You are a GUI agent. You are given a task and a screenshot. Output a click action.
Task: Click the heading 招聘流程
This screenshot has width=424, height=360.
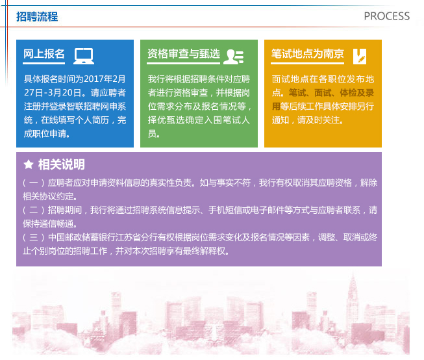tap(37, 16)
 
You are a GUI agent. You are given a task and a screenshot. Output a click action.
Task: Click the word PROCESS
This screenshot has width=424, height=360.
tap(387, 16)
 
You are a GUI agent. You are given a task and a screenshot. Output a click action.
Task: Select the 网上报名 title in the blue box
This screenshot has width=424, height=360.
tap(44, 53)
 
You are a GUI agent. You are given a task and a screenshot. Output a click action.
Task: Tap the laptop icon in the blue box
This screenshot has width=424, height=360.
tap(84, 56)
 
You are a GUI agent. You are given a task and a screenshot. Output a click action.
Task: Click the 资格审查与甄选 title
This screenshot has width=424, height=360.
tap(184, 53)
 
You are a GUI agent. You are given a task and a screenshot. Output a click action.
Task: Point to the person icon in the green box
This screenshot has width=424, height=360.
tap(234, 57)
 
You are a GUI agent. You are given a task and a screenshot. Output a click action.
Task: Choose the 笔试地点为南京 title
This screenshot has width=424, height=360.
tap(308, 53)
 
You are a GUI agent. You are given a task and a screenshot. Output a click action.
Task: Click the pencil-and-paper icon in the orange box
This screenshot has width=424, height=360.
tap(360, 57)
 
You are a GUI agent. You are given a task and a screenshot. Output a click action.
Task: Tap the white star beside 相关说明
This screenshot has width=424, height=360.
tap(29, 164)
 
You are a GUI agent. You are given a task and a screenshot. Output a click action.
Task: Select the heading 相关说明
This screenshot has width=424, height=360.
tap(62, 164)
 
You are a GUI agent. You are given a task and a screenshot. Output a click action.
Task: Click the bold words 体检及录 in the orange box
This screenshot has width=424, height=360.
tap(357, 92)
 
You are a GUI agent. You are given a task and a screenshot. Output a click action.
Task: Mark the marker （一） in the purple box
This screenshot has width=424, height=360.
tap(34, 183)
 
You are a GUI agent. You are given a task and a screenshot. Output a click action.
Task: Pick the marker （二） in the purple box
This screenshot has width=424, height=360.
tap(34, 210)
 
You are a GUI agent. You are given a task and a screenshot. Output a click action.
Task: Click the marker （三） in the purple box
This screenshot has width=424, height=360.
tap(34, 237)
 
